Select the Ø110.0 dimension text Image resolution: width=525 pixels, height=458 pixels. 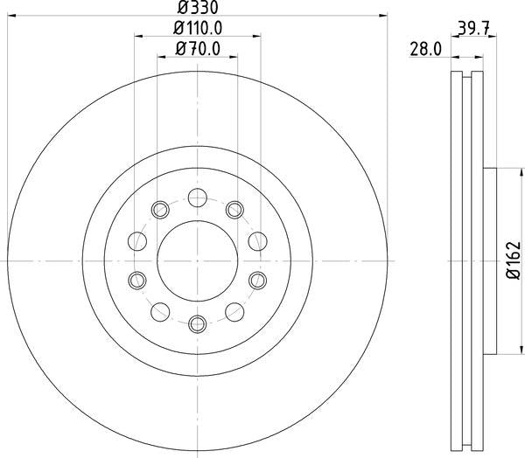pyautogui.click(x=197, y=28)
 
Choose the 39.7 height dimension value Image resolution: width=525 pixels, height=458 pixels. pyautogui.click(x=473, y=28)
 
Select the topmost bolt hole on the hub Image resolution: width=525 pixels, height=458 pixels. pyautogui.click(x=197, y=196)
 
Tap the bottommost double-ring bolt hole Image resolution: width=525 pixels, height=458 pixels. pyautogui.click(x=197, y=324)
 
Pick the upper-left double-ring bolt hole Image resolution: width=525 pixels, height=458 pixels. pyautogui.click(x=160, y=210)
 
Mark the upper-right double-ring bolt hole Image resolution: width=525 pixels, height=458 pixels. pyautogui.click(x=234, y=210)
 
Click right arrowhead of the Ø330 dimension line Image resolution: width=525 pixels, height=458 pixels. pyautogui.click(x=383, y=16)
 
